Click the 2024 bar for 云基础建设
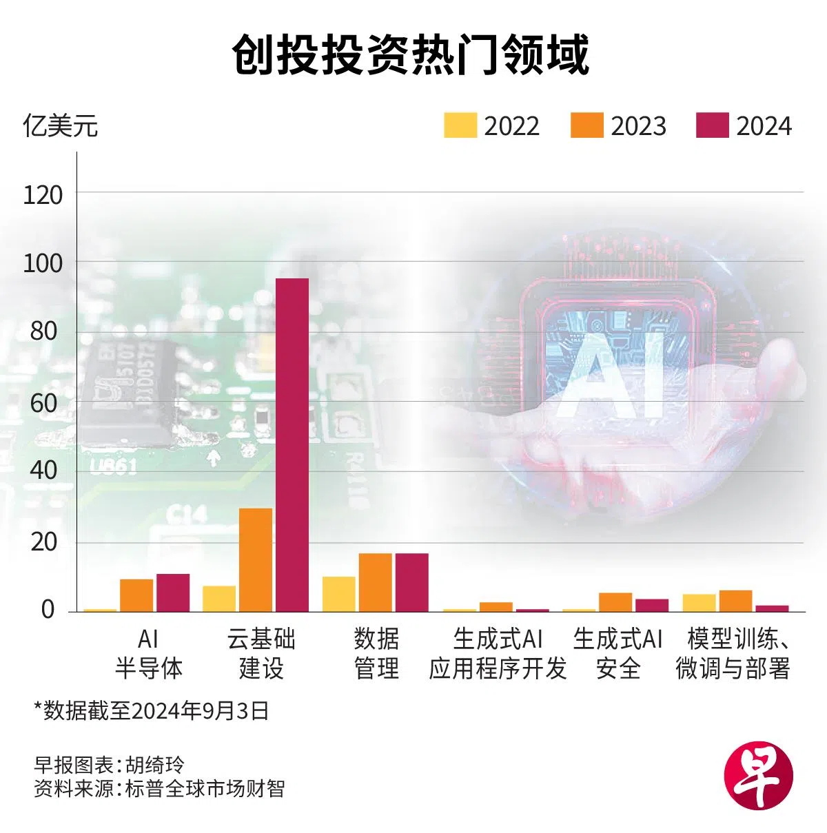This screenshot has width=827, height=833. click(x=292, y=444)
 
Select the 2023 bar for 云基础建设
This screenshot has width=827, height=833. click(x=256, y=559)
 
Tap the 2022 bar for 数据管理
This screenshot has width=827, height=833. click(x=339, y=594)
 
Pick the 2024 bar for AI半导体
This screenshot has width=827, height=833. click(x=172, y=593)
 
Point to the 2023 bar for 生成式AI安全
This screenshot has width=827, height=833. click(x=615, y=602)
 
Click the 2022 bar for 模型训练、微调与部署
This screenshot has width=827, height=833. click(x=699, y=603)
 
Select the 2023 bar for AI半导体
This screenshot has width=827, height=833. click(x=136, y=595)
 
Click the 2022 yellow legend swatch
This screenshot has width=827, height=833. click(x=460, y=125)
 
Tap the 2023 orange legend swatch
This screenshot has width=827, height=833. click(x=586, y=125)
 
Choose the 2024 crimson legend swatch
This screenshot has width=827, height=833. click(x=713, y=125)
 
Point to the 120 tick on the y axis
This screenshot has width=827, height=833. click(x=43, y=195)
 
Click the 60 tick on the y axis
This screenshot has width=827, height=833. click(x=43, y=403)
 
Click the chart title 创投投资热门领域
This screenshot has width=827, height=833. click(x=411, y=55)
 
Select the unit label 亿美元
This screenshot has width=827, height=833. click(x=61, y=126)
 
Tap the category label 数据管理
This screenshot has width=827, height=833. click(x=376, y=653)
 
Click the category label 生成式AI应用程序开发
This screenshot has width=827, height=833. click(x=498, y=653)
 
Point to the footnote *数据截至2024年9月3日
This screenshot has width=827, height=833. click(x=151, y=710)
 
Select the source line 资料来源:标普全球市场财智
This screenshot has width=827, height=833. click(x=159, y=788)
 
